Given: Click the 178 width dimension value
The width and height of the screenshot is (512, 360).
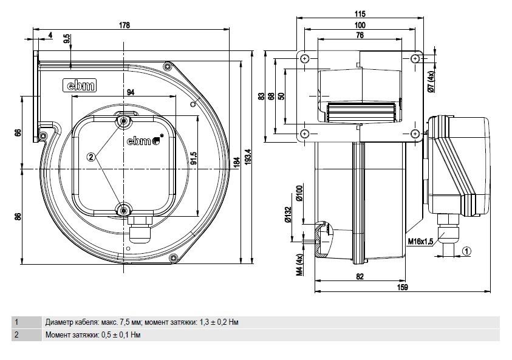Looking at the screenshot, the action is click(125, 25).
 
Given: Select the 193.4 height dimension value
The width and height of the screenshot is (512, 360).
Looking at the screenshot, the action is click(248, 157).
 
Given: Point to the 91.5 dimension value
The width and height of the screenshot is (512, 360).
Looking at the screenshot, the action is click(193, 158).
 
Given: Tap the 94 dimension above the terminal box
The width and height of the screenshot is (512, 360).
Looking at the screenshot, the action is click(131, 92).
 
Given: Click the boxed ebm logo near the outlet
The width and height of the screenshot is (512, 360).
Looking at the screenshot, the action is click(80, 85).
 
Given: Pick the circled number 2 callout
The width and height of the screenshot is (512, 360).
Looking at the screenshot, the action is click(91, 157).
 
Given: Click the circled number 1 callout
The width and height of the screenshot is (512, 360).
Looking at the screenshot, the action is click(467, 251).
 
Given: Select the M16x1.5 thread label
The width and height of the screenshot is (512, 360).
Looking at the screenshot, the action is click(420, 242).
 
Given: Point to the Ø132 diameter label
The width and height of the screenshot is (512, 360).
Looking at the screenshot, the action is click(288, 215).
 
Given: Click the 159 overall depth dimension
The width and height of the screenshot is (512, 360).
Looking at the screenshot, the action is click(403, 287).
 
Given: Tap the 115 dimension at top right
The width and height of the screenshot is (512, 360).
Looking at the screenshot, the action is click(360, 14).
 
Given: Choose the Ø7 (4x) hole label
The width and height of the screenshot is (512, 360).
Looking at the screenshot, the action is click(431, 81).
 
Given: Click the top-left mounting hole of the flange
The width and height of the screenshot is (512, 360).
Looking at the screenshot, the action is click(305, 59).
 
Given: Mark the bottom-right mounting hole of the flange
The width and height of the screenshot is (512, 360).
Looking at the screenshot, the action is click(415, 134).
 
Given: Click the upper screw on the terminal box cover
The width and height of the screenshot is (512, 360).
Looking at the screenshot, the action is click(124, 121).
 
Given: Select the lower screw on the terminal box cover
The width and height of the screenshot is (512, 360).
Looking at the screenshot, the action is click(124, 210).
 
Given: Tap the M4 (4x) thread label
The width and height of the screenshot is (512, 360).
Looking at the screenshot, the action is click(300, 265).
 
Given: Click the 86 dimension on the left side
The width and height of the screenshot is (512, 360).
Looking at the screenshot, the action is click(18, 216).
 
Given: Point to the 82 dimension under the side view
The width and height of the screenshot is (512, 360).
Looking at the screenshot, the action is click(360, 276).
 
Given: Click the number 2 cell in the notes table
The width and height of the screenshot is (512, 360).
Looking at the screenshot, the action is click(16, 335).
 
